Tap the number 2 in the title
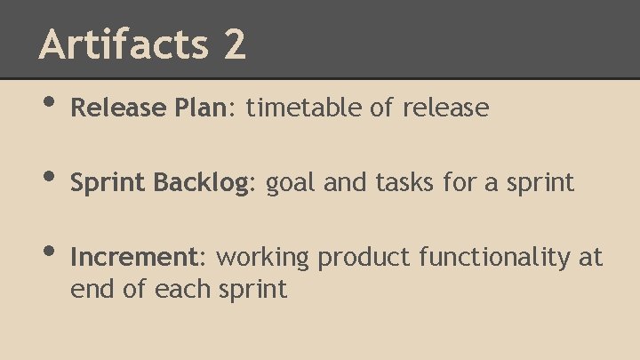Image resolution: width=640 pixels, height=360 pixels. [x=234, y=44]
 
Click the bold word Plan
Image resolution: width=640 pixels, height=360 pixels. [x=202, y=108]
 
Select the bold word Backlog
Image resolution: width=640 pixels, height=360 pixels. [x=204, y=183]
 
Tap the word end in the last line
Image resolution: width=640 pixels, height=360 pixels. [x=87, y=289]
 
